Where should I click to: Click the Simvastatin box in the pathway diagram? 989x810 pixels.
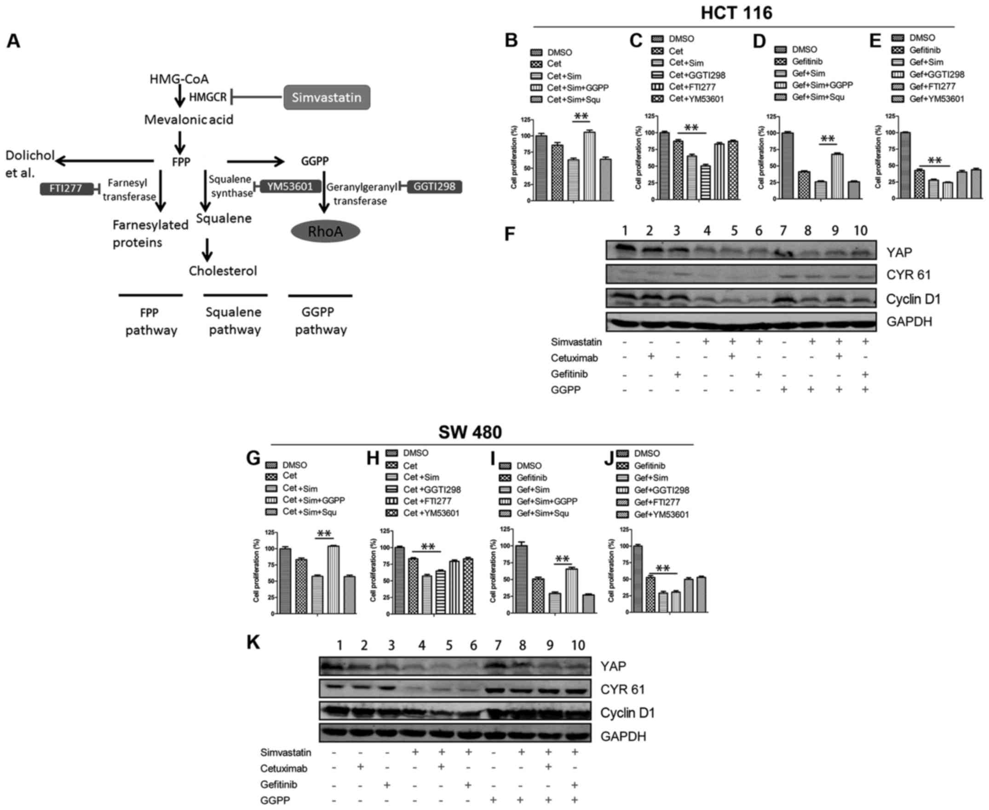point(327,97)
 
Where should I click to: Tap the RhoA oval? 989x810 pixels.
point(325,231)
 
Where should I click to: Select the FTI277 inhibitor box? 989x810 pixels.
point(66,188)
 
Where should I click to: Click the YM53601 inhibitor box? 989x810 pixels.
point(289,187)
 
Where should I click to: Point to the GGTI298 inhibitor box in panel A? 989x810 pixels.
point(434,187)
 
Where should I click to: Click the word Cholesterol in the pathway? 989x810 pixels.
point(223,271)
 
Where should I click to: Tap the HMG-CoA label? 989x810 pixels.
point(179,79)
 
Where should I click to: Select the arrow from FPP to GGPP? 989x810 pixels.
point(255,162)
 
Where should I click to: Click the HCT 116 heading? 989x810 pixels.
point(736,12)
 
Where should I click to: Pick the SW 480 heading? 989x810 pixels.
point(470,432)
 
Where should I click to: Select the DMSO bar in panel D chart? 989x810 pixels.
point(788,165)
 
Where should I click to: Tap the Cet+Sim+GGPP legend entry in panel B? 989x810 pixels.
point(577,88)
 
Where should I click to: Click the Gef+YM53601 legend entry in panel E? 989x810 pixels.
point(936,99)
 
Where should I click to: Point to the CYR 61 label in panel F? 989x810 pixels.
point(908,275)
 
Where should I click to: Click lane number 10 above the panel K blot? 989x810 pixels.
point(578,645)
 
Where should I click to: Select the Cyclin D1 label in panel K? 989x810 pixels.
point(627,713)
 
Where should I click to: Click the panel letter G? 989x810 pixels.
point(253,458)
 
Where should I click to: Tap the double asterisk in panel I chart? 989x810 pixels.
point(562,559)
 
